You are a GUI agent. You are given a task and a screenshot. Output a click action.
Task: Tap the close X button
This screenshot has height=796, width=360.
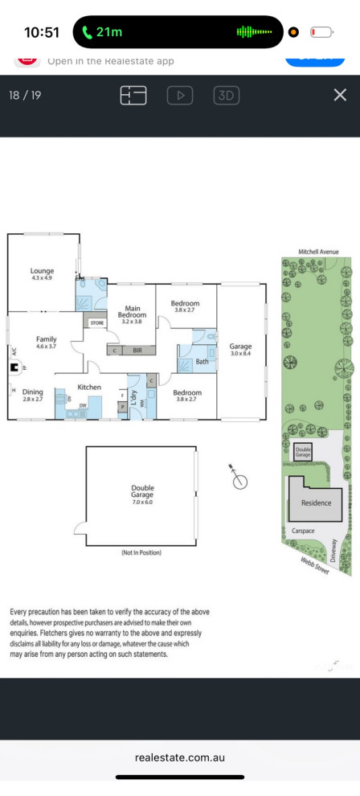(340, 95)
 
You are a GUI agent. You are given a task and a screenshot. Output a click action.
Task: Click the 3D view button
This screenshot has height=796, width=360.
(227, 96)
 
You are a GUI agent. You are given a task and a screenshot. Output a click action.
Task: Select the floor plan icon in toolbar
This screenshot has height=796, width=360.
(133, 96)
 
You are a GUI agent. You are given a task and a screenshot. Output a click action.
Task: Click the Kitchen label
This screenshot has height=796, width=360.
(89, 387)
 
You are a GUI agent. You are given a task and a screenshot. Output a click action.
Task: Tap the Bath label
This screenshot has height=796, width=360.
(202, 362)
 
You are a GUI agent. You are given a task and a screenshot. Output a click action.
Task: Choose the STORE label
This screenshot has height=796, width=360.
(97, 322)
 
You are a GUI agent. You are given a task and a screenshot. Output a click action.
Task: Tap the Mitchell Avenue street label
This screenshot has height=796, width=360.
(318, 252)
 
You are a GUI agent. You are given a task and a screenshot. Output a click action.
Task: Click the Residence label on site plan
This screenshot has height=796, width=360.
(316, 503)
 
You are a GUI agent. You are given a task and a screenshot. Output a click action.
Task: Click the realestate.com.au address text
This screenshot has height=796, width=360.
(180, 757)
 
